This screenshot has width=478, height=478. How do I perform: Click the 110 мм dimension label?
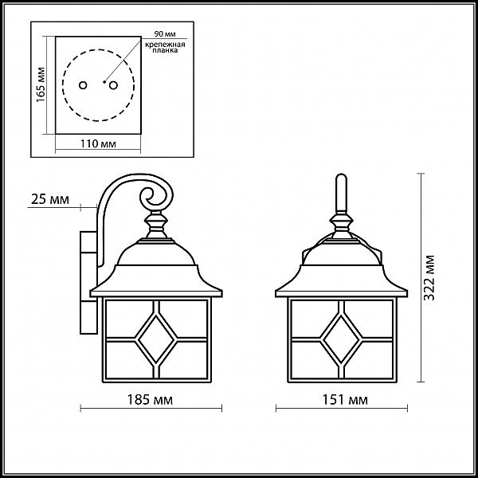pyautogui.click(x=100, y=144)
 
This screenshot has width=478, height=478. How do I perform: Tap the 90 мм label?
pyautogui.click(x=165, y=33)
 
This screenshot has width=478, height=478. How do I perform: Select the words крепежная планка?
pyautogui.click(x=165, y=50)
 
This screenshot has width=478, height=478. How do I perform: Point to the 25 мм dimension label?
pyautogui.click(x=48, y=199)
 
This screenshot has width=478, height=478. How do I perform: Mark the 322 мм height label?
pyautogui.click(x=430, y=275)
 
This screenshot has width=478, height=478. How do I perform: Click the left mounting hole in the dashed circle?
pyautogui.click(x=84, y=84)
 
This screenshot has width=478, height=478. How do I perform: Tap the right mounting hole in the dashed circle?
pyautogui.click(x=112, y=84)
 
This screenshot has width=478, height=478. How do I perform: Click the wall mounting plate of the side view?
pyautogui.click(x=85, y=279)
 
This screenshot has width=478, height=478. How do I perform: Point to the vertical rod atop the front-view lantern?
pyautogui.click(x=340, y=194)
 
